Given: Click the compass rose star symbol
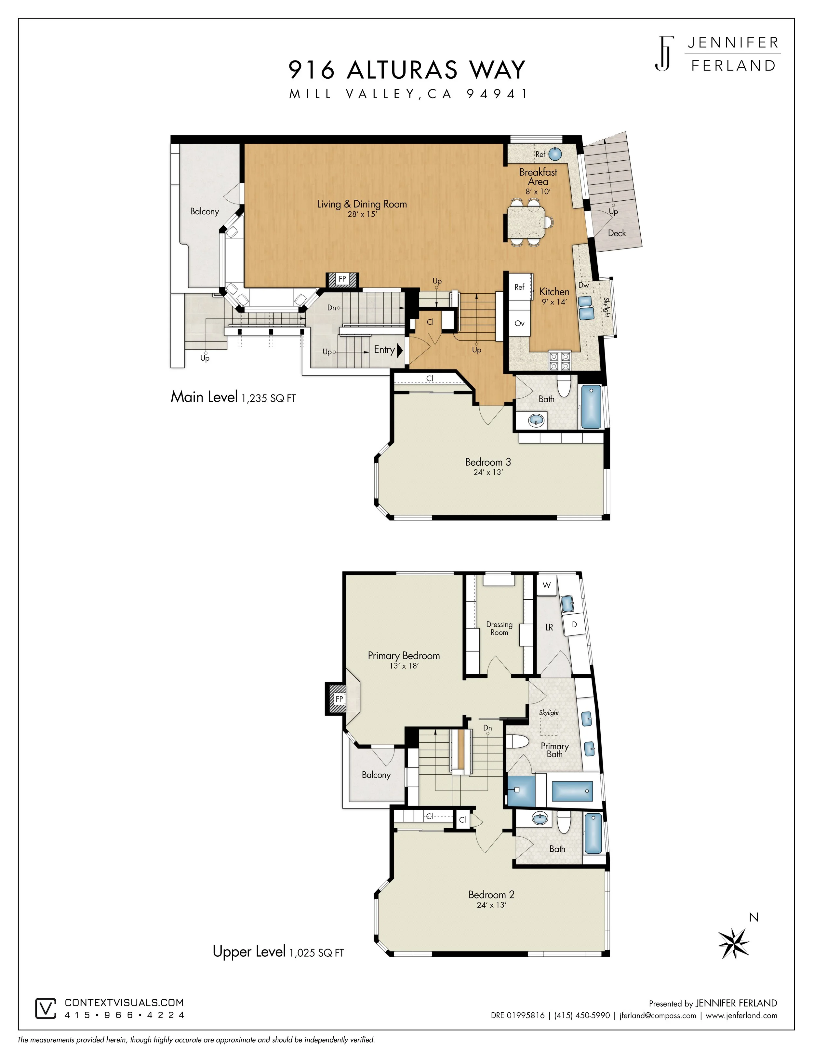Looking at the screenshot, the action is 734,943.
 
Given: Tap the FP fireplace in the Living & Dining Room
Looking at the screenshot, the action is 342,279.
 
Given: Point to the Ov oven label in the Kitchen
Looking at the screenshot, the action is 519,323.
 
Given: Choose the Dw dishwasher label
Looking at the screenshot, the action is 584,285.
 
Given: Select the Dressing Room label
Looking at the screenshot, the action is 500,628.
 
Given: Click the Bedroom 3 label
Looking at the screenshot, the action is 488,462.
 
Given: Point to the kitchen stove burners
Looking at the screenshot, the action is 559,361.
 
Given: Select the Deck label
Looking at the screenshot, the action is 617,233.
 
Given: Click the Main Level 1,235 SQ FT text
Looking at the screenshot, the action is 233,397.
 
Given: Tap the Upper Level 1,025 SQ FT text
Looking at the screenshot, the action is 278,952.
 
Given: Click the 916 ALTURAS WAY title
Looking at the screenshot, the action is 407,70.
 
